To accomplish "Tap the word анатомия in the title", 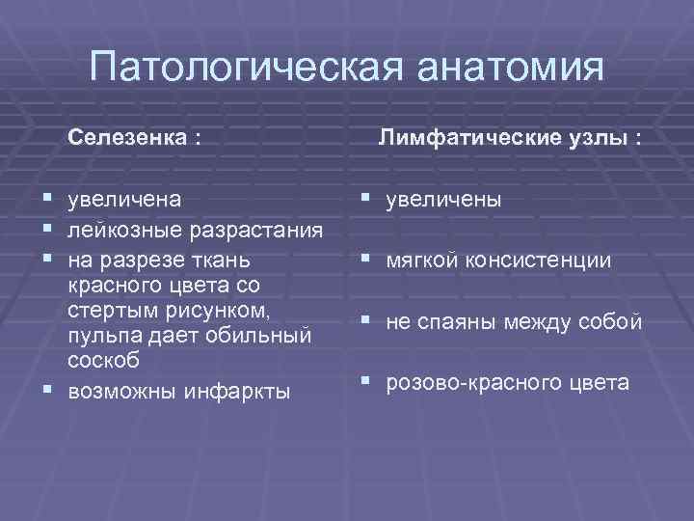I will tap(511, 69).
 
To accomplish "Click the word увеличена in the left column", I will tap(124, 200).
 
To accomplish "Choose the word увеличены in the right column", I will tap(443, 200).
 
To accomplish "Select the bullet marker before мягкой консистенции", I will tap(366, 259).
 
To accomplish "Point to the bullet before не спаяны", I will tap(366, 320).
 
